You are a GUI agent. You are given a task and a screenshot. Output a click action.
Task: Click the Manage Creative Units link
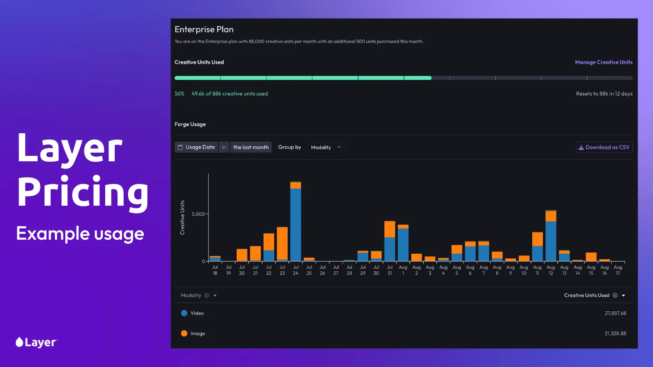(x=604, y=62)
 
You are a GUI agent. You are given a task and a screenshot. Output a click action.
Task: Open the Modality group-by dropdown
(x=326, y=147)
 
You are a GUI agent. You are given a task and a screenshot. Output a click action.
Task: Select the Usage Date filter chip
(x=196, y=147)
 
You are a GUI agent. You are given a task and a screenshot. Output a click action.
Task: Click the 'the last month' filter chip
(x=251, y=147)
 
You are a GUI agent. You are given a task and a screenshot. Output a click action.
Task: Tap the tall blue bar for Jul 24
(x=296, y=224)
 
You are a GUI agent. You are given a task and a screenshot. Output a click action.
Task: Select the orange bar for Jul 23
(x=282, y=243)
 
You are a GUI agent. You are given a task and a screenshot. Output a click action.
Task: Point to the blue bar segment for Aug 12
(x=551, y=241)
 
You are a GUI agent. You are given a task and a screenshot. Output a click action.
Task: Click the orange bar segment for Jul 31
(x=390, y=229)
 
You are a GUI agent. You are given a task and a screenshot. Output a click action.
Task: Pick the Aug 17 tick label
(x=618, y=270)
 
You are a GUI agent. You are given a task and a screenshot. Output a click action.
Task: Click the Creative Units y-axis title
(x=182, y=217)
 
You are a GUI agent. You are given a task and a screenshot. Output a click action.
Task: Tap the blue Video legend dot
(x=184, y=313)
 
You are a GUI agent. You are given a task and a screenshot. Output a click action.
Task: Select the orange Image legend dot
(x=184, y=333)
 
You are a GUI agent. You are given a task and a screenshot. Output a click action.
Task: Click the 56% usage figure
(x=180, y=94)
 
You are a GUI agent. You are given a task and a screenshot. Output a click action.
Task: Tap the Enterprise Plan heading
(x=204, y=29)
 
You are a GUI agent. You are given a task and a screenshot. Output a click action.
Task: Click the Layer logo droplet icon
(x=19, y=342)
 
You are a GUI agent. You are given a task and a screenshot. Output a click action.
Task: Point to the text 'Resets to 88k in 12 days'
(x=604, y=94)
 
